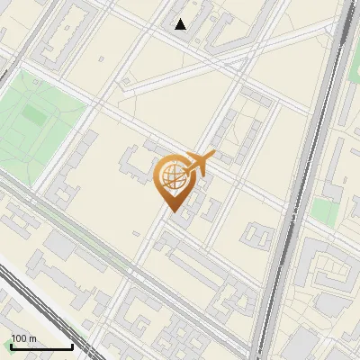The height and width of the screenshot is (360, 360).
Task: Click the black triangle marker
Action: tap(181, 24)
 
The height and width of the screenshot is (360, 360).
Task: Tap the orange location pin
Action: tap(172, 184)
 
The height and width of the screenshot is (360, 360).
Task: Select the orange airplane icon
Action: tap(197, 163)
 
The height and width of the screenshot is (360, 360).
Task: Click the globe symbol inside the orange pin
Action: tap(172, 177)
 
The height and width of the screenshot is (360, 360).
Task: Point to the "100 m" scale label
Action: tap(23, 338)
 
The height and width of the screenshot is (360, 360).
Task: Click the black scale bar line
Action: tap(41, 346)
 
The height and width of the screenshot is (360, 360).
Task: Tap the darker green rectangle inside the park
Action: tap(36, 115)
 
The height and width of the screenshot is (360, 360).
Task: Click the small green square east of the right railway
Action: tap(326, 213)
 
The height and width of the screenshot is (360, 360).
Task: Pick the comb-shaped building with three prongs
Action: tap(256, 235)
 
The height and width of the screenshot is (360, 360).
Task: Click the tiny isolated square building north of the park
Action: tap(101, 58)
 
